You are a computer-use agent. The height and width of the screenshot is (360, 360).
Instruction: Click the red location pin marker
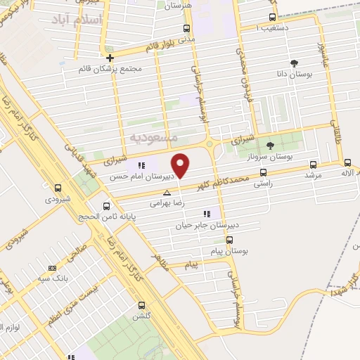(x=181, y=165)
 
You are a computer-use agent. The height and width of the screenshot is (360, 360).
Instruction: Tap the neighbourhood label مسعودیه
(x=154, y=133)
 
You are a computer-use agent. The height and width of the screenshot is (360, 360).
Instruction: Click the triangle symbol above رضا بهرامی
(x=167, y=191)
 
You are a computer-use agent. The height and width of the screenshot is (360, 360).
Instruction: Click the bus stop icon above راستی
(x=264, y=172)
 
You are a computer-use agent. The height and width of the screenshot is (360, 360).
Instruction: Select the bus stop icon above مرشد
(x=311, y=164)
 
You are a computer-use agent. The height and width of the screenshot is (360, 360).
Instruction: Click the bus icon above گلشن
(x=142, y=305)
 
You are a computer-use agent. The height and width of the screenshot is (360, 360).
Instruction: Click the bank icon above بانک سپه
(x=51, y=268)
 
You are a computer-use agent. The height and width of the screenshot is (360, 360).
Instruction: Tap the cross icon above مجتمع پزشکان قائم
(x=109, y=58)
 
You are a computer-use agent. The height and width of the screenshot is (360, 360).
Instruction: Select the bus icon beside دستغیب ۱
(x=272, y=18)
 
